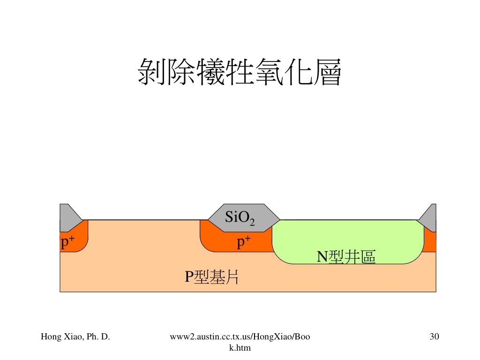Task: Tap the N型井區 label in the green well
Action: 346,257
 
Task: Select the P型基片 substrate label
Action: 211,277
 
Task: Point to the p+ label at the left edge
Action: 68,242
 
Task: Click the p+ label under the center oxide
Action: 244,242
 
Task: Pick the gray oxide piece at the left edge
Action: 67,216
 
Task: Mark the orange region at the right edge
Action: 430,241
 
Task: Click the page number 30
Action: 434,336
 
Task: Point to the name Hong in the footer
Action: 50,336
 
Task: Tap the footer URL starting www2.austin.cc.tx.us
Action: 240,336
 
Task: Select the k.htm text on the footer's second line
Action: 240,347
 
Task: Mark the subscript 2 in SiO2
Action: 252,222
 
